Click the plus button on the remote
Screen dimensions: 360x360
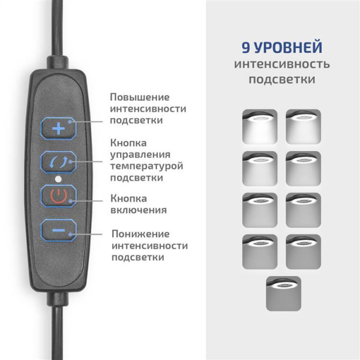[x=58, y=128]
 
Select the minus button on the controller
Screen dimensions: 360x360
[x=58, y=230]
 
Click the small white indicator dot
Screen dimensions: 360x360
[x=58, y=179]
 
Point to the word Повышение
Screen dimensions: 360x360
[x=139, y=97]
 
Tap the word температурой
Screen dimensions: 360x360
[x=146, y=166]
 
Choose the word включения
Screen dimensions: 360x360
[x=139, y=210]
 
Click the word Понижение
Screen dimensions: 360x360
[x=140, y=233]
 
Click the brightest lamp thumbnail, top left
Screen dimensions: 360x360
[x=259, y=126]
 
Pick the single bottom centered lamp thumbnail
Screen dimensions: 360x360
[x=283, y=292]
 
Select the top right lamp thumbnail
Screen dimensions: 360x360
[x=304, y=126]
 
